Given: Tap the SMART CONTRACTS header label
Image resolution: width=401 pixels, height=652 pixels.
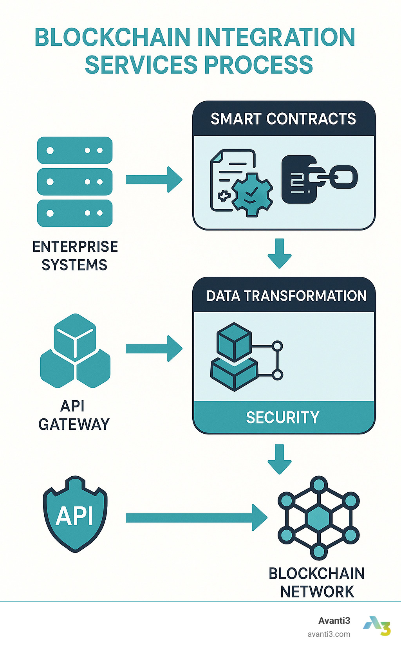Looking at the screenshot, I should [x=283, y=119].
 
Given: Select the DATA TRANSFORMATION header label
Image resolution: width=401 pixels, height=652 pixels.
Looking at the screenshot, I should [x=286, y=296].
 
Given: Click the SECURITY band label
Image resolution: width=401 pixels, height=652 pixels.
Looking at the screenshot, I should [x=283, y=418].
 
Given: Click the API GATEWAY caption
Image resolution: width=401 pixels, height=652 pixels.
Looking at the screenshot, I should [x=74, y=415].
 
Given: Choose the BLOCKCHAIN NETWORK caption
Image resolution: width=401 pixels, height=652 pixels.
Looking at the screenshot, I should [x=317, y=582].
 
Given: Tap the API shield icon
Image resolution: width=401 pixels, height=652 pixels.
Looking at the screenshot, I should [x=75, y=514].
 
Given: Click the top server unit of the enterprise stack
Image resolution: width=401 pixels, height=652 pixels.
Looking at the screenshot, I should [x=75, y=150].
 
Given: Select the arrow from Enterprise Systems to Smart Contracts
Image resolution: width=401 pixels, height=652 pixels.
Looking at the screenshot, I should [x=154, y=180].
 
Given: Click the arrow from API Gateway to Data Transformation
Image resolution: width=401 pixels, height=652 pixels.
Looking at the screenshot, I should [x=154, y=348].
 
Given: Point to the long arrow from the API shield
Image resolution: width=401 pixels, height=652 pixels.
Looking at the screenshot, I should [x=196, y=518].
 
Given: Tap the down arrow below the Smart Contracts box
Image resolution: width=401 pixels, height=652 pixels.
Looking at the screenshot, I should [x=280, y=253].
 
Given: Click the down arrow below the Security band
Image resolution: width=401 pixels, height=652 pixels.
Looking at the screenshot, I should [x=280, y=459].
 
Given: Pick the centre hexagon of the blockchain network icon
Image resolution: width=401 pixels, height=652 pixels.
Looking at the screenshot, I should [x=319, y=518].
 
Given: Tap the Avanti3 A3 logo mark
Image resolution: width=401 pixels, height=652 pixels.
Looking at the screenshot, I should [x=377, y=625].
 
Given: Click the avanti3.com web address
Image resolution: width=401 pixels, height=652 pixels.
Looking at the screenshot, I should [x=329, y=634].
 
